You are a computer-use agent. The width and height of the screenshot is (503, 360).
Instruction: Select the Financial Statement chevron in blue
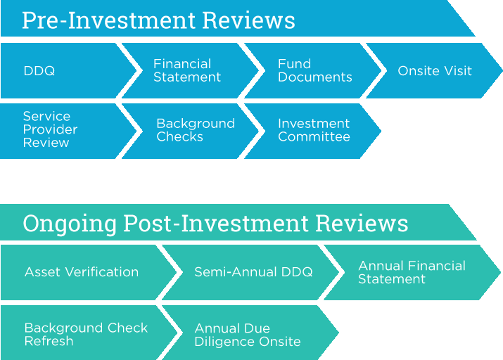[x=189, y=70]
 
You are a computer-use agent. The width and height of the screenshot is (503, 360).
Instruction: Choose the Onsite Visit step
[x=434, y=70]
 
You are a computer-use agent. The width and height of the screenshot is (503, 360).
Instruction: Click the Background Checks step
[x=189, y=131]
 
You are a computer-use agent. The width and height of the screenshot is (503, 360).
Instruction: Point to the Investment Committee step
[x=312, y=131]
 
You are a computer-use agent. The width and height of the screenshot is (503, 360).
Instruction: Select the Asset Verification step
[x=87, y=272]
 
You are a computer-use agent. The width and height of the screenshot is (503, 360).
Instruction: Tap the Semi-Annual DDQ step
[x=250, y=272]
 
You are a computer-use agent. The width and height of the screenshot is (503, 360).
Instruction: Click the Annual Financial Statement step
[x=412, y=272]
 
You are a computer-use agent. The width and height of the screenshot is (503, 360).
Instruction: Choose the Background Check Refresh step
[x=87, y=333]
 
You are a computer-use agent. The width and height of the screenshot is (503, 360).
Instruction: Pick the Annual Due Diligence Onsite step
[x=250, y=333]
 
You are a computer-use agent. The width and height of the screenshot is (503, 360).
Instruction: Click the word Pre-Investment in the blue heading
[x=109, y=20]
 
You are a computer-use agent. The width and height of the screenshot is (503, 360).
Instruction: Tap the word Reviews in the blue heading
[x=248, y=20]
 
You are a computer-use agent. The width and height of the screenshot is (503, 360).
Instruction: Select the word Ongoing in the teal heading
[x=70, y=224]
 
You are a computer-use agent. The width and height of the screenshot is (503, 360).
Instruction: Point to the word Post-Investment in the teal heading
[x=216, y=223]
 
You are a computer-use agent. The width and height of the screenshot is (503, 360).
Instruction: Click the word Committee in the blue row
[x=314, y=137]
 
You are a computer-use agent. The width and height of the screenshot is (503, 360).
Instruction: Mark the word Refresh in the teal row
[x=49, y=341]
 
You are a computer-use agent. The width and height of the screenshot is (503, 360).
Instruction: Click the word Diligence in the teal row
[x=224, y=342]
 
